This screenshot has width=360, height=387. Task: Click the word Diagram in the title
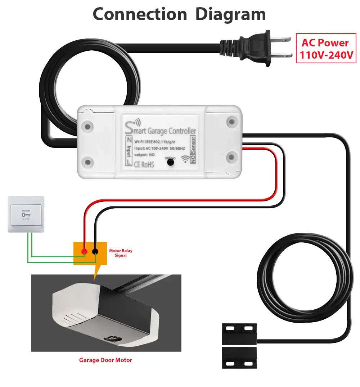[230, 14]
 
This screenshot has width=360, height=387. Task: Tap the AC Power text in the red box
[325, 43]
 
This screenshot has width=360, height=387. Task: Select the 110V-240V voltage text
[325, 56]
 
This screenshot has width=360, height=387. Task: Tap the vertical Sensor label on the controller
[193, 144]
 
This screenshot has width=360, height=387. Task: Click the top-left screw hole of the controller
[87, 127]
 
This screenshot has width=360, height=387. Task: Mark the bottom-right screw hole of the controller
[231, 158]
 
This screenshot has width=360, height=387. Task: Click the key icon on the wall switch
[26, 215]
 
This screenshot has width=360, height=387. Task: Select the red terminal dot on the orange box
[84, 251]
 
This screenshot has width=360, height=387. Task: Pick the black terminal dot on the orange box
[95, 251]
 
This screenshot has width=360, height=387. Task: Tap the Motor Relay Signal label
[121, 253]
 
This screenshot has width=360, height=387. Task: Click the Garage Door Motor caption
[105, 360]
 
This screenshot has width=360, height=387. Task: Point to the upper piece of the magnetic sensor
[239, 333]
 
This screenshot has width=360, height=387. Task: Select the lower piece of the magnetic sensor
[239, 358]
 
